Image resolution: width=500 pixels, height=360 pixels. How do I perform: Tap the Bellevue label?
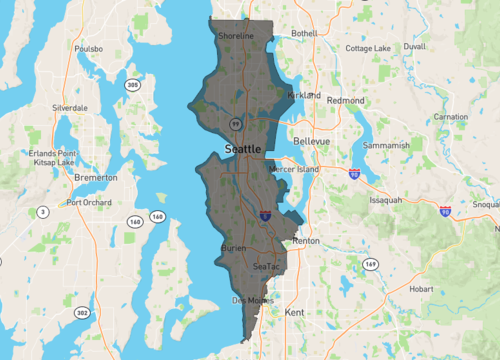[311, 142]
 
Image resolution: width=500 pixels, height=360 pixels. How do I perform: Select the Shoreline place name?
[236, 36]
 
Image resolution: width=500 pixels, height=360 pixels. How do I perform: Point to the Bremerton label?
[96, 177]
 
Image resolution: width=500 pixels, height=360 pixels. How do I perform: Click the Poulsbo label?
[88, 47]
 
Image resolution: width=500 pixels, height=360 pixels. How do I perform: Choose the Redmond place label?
[345, 101]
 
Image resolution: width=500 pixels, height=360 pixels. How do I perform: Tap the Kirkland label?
[303, 95]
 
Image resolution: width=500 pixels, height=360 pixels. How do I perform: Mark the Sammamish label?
[388, 145]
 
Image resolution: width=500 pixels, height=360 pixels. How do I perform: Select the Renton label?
[305, 242]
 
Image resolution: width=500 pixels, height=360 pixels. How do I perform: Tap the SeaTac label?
[267, 267]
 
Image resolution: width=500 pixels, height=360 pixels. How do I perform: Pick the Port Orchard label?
[88, 202]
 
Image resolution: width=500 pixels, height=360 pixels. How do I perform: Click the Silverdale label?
[70, 107]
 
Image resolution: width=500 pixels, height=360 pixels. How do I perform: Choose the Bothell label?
[304, 33]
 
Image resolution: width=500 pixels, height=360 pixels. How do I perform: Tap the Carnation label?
[450, 117]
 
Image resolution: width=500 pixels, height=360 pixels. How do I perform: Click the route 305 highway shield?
[132, 85]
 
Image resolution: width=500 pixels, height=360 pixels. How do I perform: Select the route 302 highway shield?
[81, 313]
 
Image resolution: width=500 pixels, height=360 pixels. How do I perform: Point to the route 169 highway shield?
[369, 265]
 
